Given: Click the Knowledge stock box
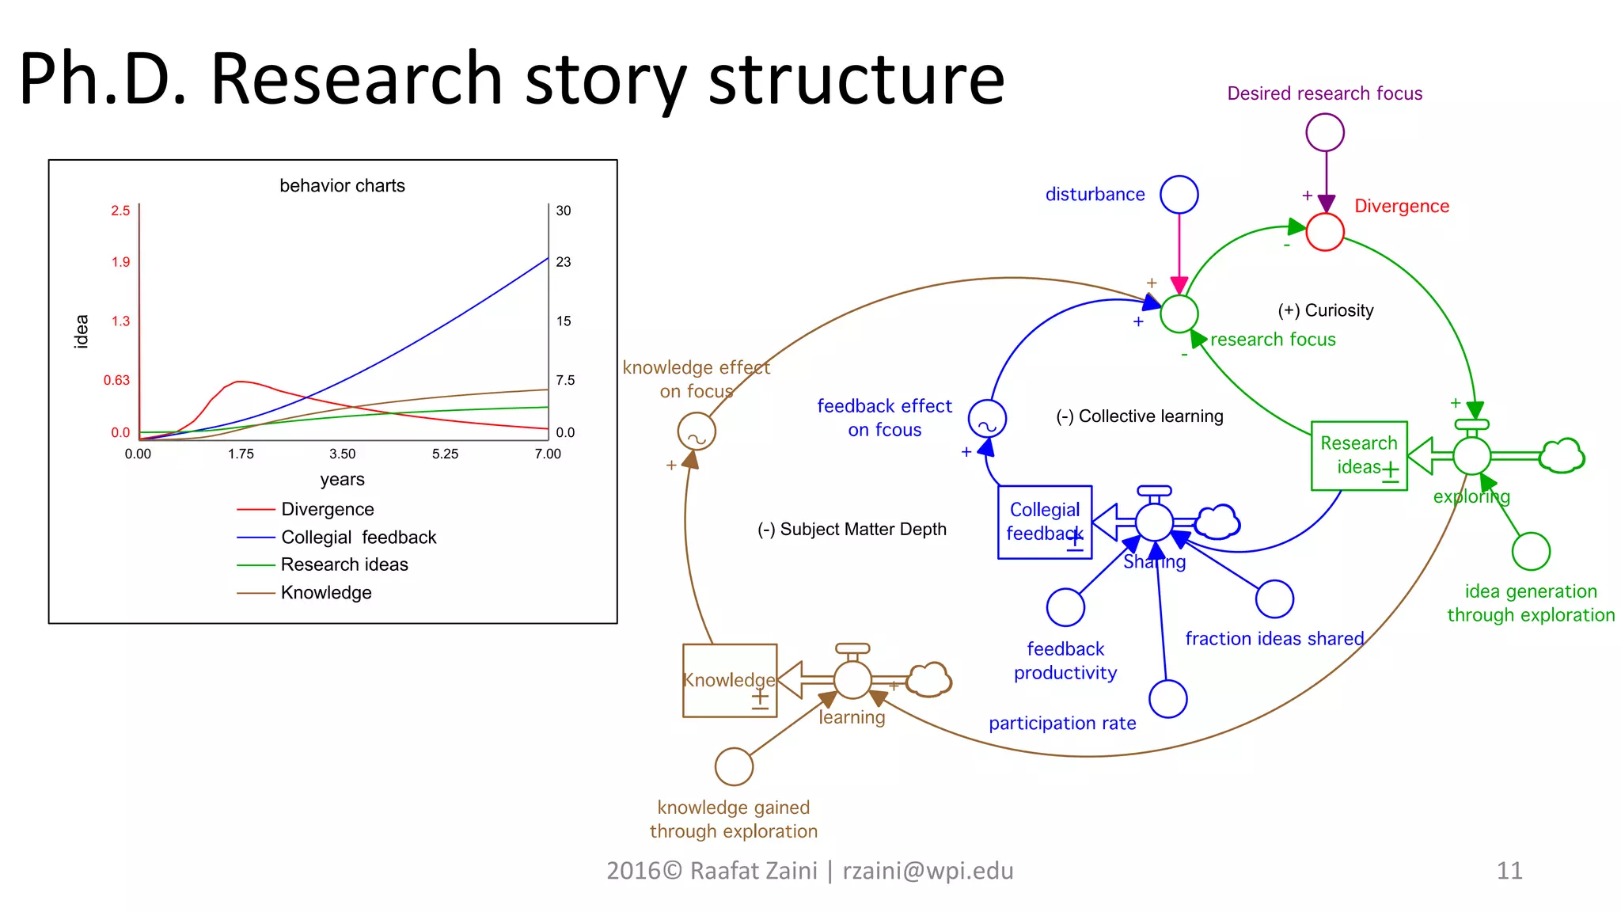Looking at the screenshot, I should tap(729, 680).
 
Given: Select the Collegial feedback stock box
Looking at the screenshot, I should tap(1044, 522).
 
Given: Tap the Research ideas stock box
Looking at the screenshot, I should tap(1358, 455).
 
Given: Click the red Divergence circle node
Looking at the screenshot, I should tap(1324, 232).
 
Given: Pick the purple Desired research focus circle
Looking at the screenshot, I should tap(1324, 132).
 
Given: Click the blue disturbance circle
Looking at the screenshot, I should tap(1179, 195).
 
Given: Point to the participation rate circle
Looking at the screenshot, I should tap(1167, 699).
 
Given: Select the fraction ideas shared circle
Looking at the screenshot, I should tap(1274, 599).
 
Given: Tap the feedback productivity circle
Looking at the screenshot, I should tap(1065, 607).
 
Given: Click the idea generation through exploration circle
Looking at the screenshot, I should tap(1530, 552).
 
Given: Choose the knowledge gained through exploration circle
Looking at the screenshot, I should tap(734, 766).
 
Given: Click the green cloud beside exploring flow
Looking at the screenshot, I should tap(1561, 456).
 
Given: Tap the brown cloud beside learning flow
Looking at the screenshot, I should tap(928, 679).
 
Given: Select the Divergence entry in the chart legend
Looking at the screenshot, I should tap(327, 509).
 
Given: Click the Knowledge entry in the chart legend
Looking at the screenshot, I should tap(325, 592).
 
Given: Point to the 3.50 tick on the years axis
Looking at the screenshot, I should tap(342, 454).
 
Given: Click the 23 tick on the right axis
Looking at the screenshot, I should tap(563, 262).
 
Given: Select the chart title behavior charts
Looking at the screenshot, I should tap(342, 185).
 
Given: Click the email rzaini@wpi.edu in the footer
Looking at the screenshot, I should tap(928, 871).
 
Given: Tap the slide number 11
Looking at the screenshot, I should tap(1509, 871).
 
